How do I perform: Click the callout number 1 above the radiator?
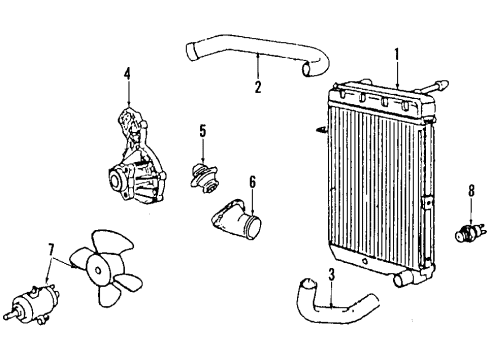pos(397,55)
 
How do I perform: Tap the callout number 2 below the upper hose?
pos(258,87)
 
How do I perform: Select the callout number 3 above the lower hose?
pos(331,275)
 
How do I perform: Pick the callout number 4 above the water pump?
pos(127,74)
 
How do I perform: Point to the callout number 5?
pos(203,131)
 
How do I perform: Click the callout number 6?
pos(252,182)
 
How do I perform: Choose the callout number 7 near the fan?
pos(51,251)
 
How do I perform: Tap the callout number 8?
pos(471,191)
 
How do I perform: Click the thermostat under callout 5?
pos(203,176)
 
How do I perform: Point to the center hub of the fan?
pos(97,270)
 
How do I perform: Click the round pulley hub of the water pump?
pos(116,179)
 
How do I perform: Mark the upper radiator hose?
pos(258,55)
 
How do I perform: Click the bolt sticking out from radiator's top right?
pos(432,87)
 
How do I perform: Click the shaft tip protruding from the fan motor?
pos(10,315)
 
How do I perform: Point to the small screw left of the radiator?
pos(321,129)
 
